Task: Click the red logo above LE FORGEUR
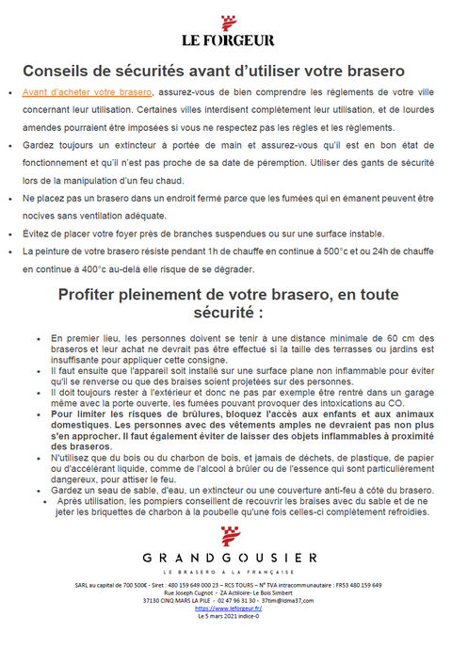point(227,22)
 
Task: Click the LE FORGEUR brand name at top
point(227,41)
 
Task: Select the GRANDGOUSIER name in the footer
point(226,558)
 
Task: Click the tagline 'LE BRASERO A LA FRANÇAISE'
point(226,572)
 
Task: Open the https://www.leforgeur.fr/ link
point(226,607)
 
